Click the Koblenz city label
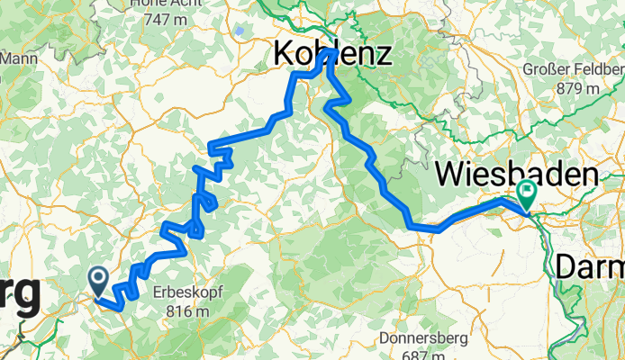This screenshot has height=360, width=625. click(x=332, y=56)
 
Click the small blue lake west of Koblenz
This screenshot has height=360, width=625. click(x=240, y=30)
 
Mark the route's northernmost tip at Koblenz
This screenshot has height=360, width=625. click(x=333, y=52)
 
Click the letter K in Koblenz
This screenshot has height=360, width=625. click(x=283, y=56)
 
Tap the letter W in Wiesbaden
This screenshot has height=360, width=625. click(x=450, y=173)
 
